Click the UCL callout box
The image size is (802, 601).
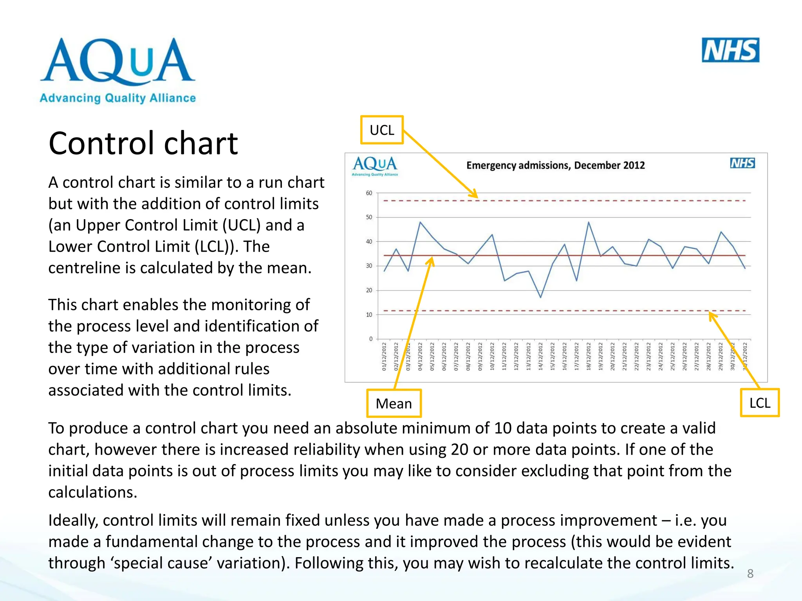click(382, 130)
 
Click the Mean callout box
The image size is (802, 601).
click(394, 403)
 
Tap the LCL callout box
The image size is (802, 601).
click(759, 403)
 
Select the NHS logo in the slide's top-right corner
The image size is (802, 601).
click(730, 50)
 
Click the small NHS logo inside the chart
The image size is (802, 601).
click(742, 163)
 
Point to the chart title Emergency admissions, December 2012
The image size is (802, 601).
click(555, 165)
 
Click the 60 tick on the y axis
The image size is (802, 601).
click(369, 193)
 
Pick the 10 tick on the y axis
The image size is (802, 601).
click(369, 315)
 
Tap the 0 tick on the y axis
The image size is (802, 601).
click(370, 339)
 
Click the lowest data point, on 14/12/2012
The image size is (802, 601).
click(540, 297)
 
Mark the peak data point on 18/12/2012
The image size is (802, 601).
click(589, 222)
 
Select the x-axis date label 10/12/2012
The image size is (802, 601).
click(492, 356)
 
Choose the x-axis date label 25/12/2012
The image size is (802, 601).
click(672, 356)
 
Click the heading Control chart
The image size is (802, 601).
click(143, 143)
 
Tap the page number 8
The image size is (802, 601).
click(750, 574)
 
